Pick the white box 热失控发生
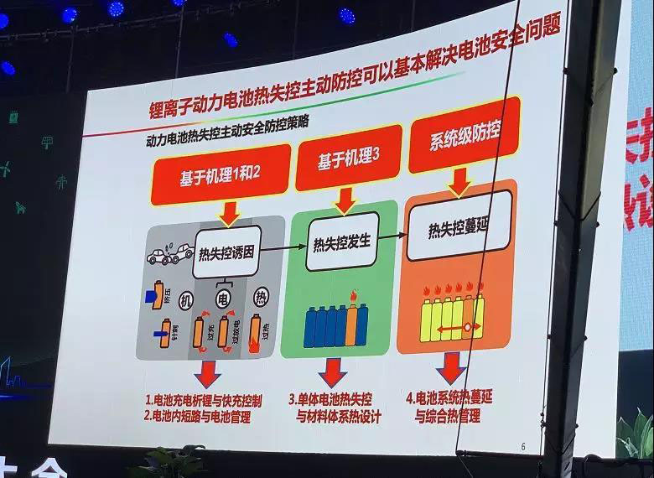pyautogui.click(x=341, y=242)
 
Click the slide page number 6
pyautogui.click(x=523, y=445)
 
